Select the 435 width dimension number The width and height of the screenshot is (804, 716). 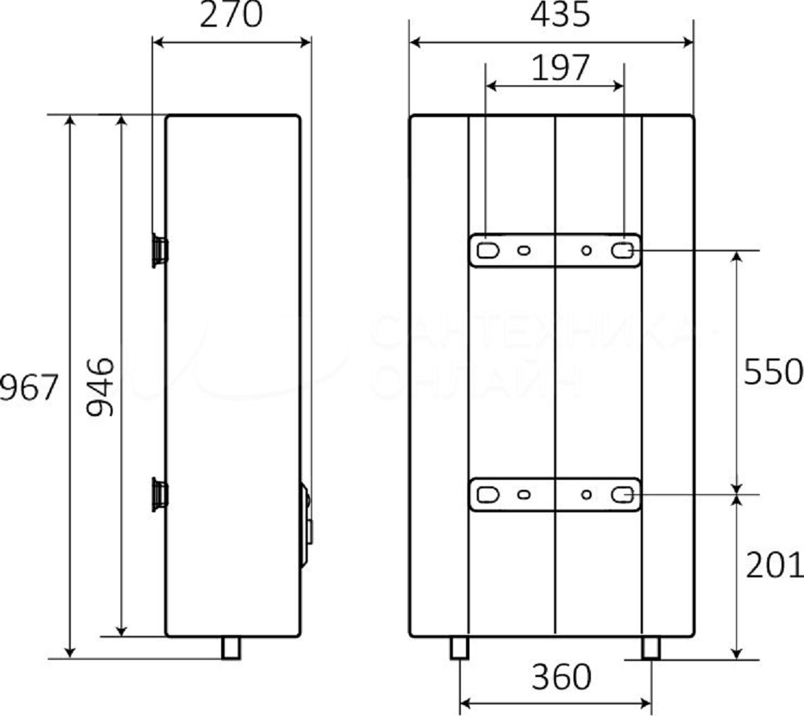click(560, 15)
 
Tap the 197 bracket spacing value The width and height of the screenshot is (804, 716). click(561, 69)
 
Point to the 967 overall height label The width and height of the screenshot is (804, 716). click(27, 388)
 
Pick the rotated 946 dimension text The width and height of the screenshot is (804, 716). click(99, 387)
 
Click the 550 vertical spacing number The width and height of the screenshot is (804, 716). click(773, 373)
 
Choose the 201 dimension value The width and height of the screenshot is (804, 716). click(774, 566)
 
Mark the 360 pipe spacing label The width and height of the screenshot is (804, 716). click(561, 678)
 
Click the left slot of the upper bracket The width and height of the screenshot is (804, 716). click(488, 251)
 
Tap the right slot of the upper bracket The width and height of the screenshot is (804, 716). click(623, 251)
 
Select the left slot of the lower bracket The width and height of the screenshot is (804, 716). click(488, 495)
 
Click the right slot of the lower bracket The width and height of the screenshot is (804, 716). click(623, 495)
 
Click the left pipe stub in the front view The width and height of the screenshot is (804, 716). click(459, 647)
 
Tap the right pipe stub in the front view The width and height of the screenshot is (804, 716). click(651, 647)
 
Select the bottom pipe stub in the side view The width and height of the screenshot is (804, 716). click(230, 647)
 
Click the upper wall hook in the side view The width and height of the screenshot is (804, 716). click(160, 251)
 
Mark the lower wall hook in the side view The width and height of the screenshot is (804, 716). click(160, 495)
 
